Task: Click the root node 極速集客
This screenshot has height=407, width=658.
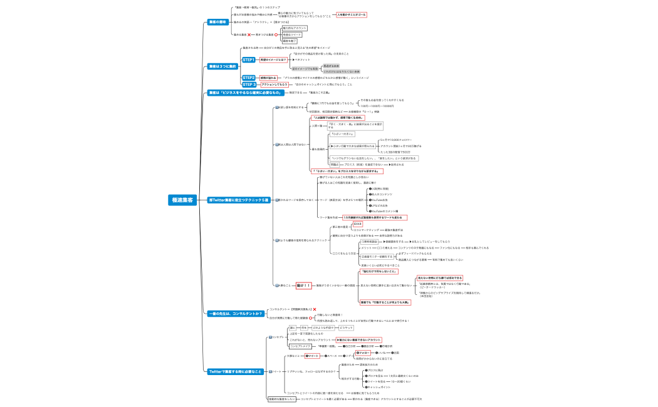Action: coord(182,200)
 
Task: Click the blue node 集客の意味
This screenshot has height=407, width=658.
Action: coord(217,22)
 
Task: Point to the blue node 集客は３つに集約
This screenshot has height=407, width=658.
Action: coord(222,66)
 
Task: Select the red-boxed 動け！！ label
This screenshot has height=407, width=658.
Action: coord(303,286)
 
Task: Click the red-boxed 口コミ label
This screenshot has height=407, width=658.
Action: coord(357,224)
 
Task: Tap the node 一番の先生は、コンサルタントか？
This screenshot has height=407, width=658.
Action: coord(235,314)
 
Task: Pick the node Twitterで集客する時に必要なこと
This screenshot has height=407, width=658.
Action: coord(235,371)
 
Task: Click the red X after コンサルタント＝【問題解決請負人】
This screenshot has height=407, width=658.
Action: coord(314,309)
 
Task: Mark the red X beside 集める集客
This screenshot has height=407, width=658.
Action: coord(249,34)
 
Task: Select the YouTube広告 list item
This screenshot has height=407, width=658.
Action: coord(382,200)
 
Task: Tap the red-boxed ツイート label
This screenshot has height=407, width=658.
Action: coord(312,356)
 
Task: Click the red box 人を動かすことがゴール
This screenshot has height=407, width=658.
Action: coord(352,14)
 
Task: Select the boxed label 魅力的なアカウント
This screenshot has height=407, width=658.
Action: coord(295,28)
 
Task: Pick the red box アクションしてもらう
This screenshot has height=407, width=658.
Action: coord(274,84)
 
